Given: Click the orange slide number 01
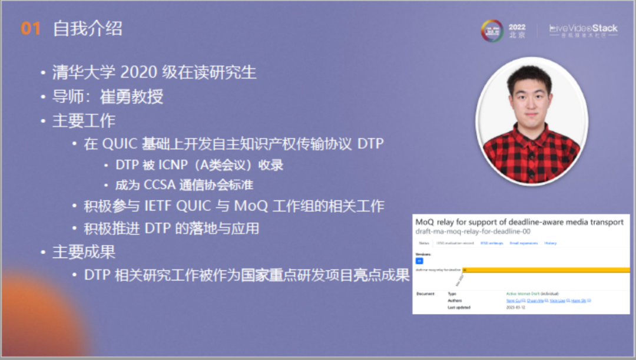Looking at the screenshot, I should [x=31, y=29].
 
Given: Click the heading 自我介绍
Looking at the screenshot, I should [x=87, y=29].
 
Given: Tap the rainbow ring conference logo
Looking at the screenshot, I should [x=492, y=31].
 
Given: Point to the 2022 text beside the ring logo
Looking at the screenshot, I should [x=517, y=27].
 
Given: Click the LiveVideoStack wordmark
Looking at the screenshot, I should [x=583, y=28].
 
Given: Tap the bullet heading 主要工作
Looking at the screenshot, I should [x=84, y=121].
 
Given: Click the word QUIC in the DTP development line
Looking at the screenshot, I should [x=120, y=144].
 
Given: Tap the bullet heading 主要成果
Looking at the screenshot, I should [x=84, y=252].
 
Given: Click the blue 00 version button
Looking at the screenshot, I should [x=419, y=260].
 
